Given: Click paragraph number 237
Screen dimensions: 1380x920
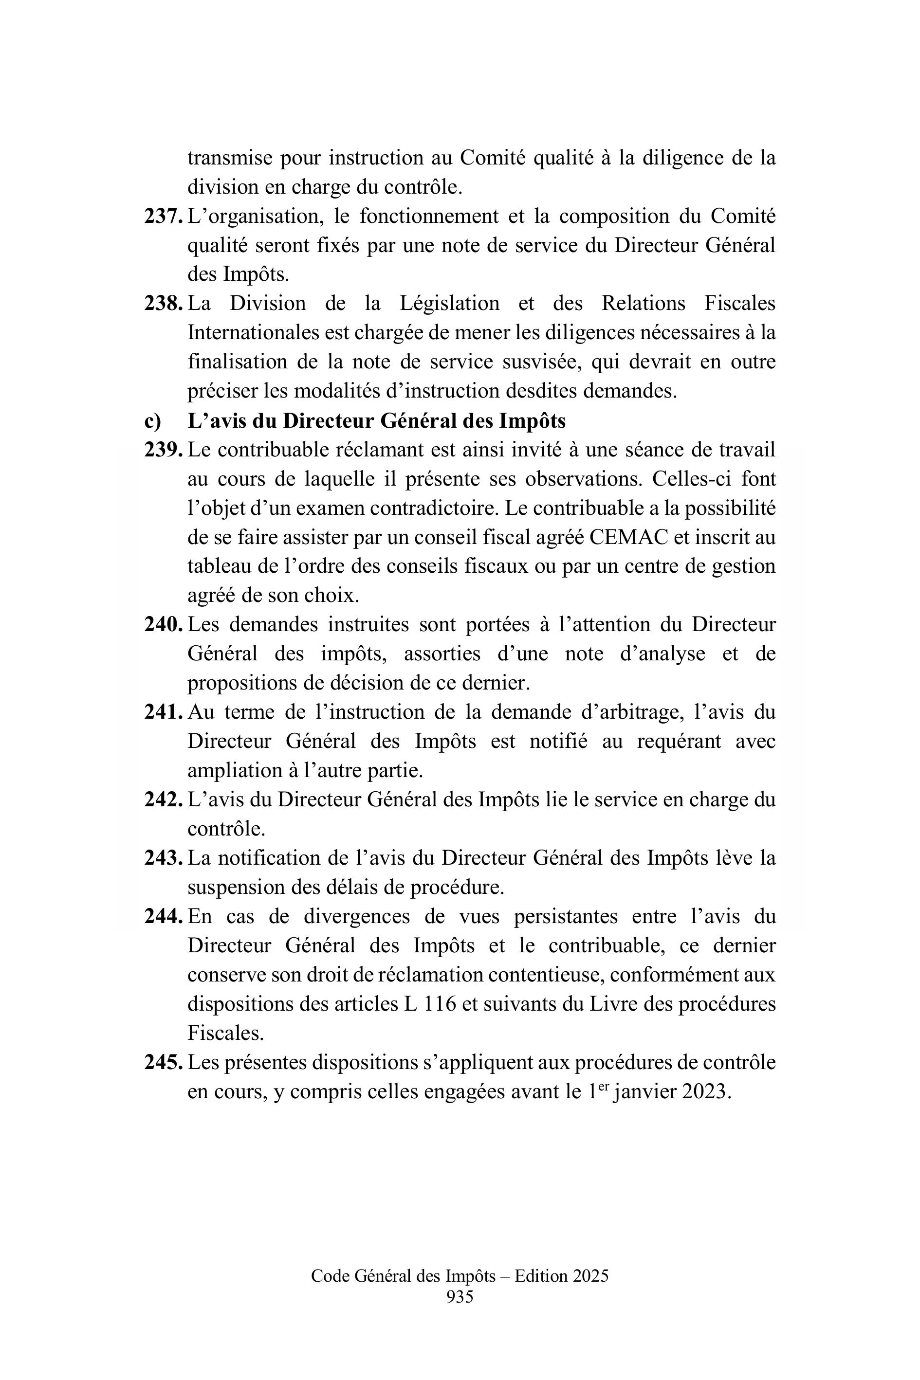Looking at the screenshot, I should tap(163, 217).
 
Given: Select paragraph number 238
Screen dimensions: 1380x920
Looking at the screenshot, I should tap(163, 304).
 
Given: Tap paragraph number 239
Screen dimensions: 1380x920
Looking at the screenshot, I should tap(163, 450).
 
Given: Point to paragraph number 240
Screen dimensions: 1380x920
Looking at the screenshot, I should tap(163, 625).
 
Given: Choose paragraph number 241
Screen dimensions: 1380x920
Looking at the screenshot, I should tap(163, 712).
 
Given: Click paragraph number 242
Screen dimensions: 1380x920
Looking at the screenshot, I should tap(163, 799).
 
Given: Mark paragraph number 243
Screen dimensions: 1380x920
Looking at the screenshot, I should tap(163, 858).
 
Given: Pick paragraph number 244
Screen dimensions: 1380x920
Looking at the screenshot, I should tap(163, 916).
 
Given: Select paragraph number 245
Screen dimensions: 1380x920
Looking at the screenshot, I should tap(163, 1062).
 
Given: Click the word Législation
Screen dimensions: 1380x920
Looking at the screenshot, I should tap(449, 304).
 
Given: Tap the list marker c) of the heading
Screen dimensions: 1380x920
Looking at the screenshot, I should tap(152, 421).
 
